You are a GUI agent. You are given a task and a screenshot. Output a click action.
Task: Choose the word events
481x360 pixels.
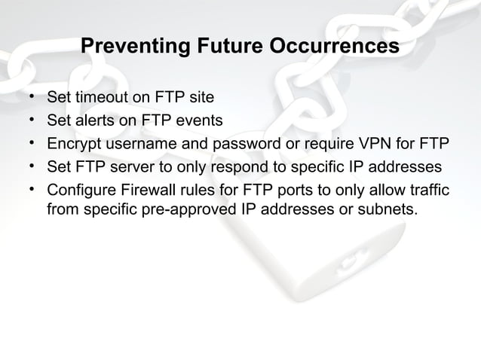click(x=195, y=121)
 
